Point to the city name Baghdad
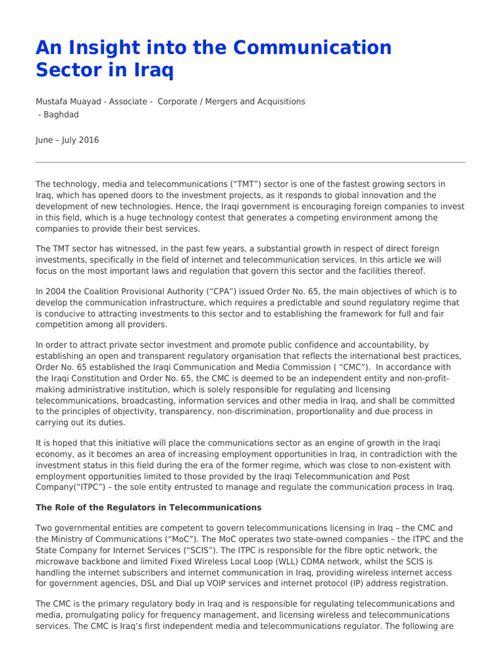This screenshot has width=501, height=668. [x=61, y=114]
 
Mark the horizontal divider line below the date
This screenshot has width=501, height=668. [x=250, y=162]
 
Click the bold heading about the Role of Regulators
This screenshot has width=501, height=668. [x=149, y=508]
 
